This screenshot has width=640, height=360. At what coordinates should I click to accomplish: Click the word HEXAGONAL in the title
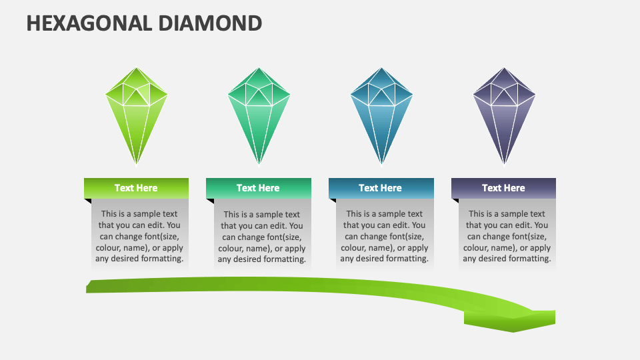click(x=89, y=23)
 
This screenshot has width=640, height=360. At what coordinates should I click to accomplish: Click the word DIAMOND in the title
click(x=210, y=23)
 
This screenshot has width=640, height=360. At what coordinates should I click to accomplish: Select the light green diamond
click(x=136, y=116)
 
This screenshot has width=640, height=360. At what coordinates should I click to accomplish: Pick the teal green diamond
click(x=259, y=116)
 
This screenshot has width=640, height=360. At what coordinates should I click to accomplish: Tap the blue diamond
click(x=381, y=116)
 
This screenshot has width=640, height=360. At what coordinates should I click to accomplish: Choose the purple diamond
click(x=504, y=116)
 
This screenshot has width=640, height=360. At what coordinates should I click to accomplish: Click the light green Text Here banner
click(x=136, y=188)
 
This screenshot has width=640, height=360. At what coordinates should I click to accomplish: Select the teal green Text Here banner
click(x=259, y=188)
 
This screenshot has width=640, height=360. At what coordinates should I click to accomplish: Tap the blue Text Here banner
click(x=381, y=188)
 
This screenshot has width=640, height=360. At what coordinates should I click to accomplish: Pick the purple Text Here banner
click(x=504, y=188)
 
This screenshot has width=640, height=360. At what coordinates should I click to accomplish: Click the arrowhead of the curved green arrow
click(x=510, y=321)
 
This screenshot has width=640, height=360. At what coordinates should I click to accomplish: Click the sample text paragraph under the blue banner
click(x=385, y=236)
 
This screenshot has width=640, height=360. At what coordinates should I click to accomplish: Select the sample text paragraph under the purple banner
click(x=507, y=236)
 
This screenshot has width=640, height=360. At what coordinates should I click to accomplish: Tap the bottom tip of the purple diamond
click(x=504, y=165)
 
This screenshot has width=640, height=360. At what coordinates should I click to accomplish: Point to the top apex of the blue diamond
click(x=381, y=68)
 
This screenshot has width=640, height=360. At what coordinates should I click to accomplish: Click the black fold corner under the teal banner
click(x=211, y=201)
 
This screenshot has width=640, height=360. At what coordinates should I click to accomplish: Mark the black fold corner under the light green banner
click(x=88, y=201)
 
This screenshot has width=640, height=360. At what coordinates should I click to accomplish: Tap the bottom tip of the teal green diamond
click(x=259, y=165)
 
